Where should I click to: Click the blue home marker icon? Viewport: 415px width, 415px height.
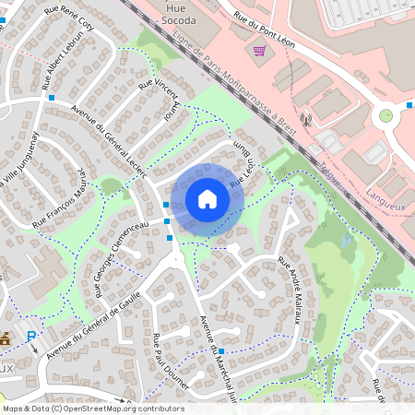(207, 198)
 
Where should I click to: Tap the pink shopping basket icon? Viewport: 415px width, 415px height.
(259, 50)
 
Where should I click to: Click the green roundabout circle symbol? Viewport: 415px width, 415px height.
(385, 116)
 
